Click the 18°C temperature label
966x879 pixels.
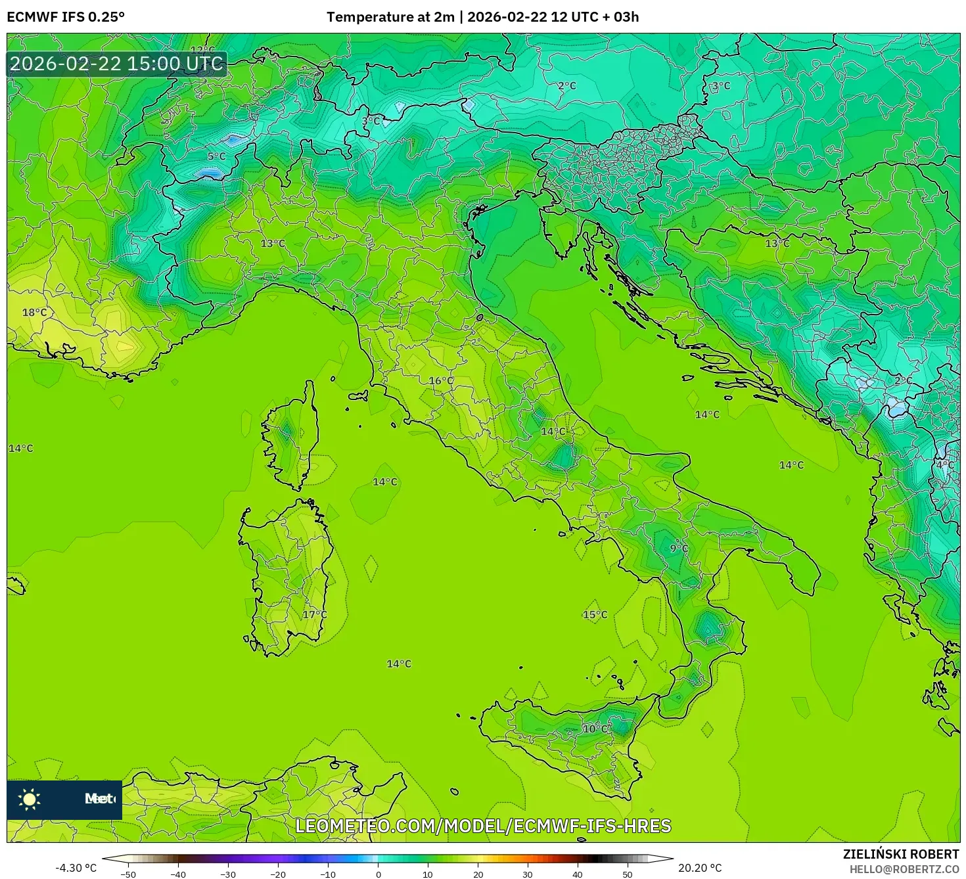point(35,313)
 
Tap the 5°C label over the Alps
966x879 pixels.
point(216,156)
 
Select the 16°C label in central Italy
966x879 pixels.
point(441,381)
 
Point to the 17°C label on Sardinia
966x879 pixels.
point(314,615)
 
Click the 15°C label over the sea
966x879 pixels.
point(595,615)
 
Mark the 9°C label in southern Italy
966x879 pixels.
point(679,549)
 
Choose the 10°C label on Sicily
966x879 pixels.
point(595,729)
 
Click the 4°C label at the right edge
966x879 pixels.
point(945,465)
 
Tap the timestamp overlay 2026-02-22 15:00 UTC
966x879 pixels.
point(116,64)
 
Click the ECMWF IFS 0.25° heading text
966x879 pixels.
point(66,17)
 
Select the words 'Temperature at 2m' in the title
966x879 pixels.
point(390,17)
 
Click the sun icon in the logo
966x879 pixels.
point(30,799)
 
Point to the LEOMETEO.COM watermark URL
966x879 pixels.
point(483,826)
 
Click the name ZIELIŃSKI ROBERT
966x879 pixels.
point(901,854)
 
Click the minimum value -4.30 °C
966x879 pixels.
point(76,868)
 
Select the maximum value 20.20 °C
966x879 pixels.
point(700,868)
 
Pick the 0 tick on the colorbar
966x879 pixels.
point(378,874)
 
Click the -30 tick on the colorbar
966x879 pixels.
point(227,874)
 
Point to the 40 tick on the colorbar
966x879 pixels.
point(578,874)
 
